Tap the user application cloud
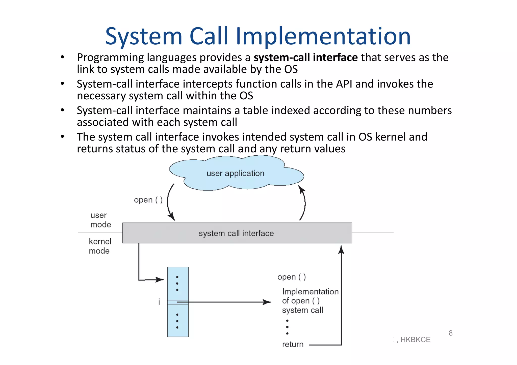(235, 174)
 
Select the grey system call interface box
(237, 233)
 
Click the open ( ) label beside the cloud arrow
(148, 200)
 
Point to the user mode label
(100, 220)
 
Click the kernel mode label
(100, 246)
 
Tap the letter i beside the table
(159, 302)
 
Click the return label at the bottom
(293, 344)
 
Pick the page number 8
(451, 333)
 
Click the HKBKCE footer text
(415, 340)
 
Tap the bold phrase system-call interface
(305, 58)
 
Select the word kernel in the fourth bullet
(391, 137)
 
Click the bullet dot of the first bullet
(62, 57)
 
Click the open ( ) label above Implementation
(292, 277)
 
